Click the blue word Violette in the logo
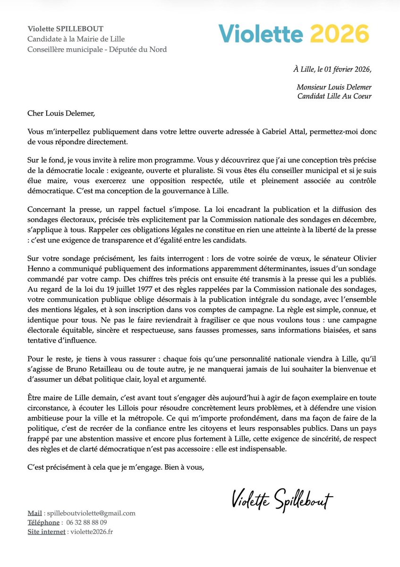pyautogui.click(x=259, y=34)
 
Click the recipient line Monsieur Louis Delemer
pyautogui.click(x=334, y=87)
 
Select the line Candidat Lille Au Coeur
pyautogui.click(x=334, y=97)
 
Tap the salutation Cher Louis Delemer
pyautogui.click(x=54, y=114)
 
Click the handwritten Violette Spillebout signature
pyautogui.click(x=282, y=499)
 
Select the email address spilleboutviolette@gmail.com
pyautogui.click(x=90, y=513)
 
